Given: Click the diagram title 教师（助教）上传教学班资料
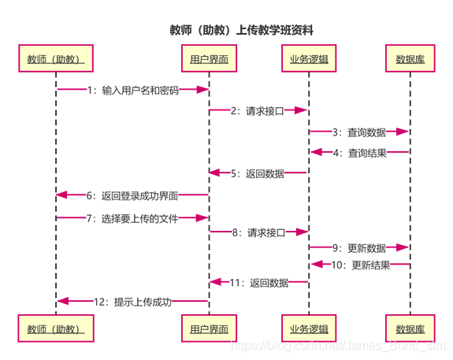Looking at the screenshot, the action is point(241,30).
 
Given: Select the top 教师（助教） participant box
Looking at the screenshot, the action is point(56,58).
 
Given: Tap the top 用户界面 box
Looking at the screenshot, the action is point(209,58).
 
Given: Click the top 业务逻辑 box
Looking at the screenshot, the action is point(309,58).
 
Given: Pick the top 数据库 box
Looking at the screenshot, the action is point(410,58).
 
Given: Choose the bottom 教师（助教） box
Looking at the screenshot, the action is point(56,328).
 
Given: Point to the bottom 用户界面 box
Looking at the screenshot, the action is point(209,328).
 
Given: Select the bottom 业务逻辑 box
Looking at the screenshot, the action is point(309,328).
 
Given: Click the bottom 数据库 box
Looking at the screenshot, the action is point(410,328).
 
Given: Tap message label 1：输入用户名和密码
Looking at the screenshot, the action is point(133,91).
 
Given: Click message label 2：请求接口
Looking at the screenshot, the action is point(258,111).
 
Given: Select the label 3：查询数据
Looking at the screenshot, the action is point(359,132).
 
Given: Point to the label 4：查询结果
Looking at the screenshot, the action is point(360,153).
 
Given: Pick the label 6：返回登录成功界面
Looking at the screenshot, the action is point(132,196).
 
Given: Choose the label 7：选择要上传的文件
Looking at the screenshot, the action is point(132,219).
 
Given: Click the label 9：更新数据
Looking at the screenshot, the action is point(359,248).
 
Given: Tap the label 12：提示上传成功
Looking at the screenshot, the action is point(132,302).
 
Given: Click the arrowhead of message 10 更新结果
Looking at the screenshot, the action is point(317,264).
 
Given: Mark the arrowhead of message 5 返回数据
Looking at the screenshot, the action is point(214,173).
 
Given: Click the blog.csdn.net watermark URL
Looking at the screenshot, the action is point(339,346).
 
